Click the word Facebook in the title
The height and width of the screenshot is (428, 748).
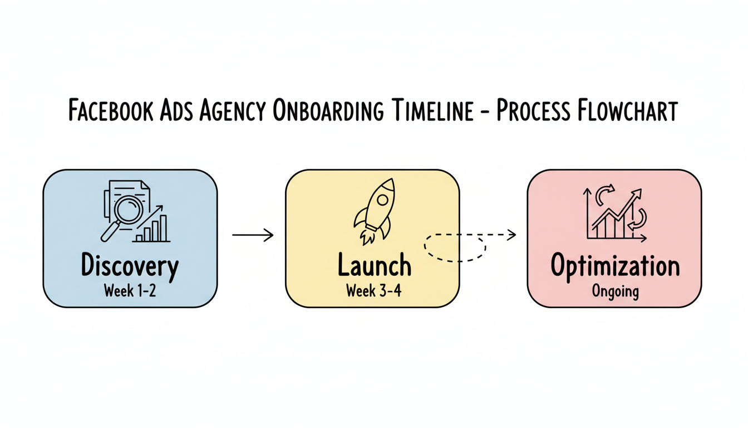coord(112,111)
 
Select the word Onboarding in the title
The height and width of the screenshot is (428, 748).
coord(328,111)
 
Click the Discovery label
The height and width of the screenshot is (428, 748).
coord(130,266)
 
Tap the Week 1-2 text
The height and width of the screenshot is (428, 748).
coord(130,291)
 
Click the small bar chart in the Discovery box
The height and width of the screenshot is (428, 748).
coord(151,229)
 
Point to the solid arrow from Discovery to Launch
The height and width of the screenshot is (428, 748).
coord(253,235)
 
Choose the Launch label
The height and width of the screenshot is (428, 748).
coord(374,266)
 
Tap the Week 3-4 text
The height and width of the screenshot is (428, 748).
coord(373,291)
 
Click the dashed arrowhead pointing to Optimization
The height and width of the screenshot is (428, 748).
coord(511,235)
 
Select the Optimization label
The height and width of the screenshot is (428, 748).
coord(615,266)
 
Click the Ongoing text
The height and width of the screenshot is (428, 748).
coord(615,291)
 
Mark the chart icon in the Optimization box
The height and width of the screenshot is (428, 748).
coord(615,215)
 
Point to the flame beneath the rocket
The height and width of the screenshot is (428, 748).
coord(367,237)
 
